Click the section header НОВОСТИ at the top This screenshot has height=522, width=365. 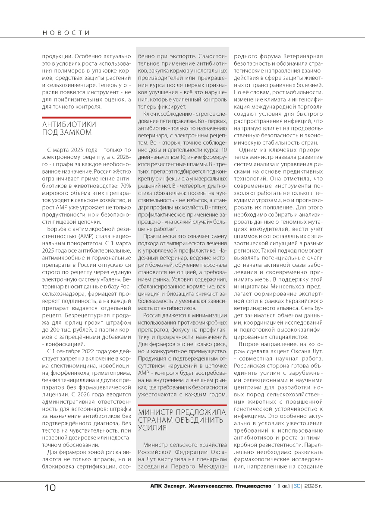coord(66,33)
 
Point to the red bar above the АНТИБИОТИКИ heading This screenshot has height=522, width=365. coord(86,117)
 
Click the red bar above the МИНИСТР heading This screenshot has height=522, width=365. coord(182,405)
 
